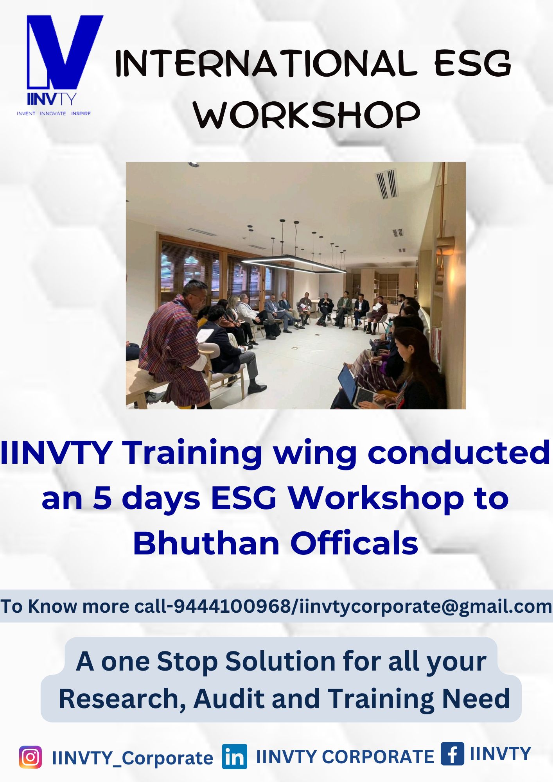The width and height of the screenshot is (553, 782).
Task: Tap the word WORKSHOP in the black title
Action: pyautogui.click(x=307, y=114)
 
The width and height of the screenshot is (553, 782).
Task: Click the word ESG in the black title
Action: pyautogui.click(x=472, y=63)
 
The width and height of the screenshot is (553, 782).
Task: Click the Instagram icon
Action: pyautogui.click(x=30, y=757)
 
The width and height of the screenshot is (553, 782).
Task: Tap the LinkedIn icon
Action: pyautogui.click(x=235, y=757)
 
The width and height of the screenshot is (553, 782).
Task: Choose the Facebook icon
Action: pyautogui.click(x=452, y=753)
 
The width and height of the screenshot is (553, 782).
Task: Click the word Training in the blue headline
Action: pyautogui.click(x=192, y=454)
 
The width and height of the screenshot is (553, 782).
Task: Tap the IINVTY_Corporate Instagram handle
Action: pyautogui.click(x=133, y=758)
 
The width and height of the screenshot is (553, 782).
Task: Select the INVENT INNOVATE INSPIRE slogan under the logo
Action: pyautogui.click(x=54, y=113)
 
